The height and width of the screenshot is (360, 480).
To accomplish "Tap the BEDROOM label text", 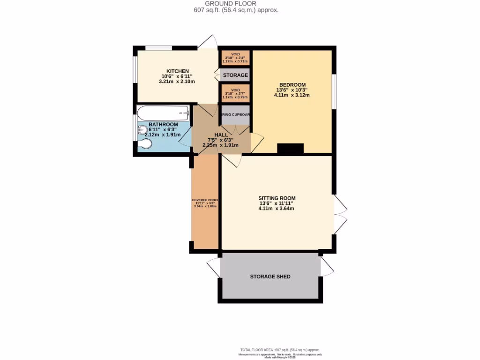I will (x=292, y=85).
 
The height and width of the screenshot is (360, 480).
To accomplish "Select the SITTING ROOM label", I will (x=277, y=198).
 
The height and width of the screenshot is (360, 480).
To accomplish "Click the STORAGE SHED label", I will (x=270, y=277).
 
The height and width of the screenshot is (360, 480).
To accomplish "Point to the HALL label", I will (x=221, y=135).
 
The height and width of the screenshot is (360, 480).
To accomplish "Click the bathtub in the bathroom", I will (x=163, y=112).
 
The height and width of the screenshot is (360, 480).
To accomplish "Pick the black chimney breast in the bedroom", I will (x=290, y=149).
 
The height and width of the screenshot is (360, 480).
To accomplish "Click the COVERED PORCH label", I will (x=205, y=200).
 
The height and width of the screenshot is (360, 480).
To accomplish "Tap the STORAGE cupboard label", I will (x=235, y=75).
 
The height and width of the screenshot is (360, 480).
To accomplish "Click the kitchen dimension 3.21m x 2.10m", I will (x=177, y=82).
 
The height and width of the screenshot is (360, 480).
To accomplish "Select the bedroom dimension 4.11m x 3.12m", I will (x=292, y=95).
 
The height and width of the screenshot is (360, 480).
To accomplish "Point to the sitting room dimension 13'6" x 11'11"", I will (x=277, y=203).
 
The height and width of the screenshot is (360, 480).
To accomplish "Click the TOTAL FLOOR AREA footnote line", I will (x=280, y=350).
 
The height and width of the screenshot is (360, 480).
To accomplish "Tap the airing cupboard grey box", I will (x=235, y=115).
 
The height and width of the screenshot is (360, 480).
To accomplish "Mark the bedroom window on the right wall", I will (x=334, y=91).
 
